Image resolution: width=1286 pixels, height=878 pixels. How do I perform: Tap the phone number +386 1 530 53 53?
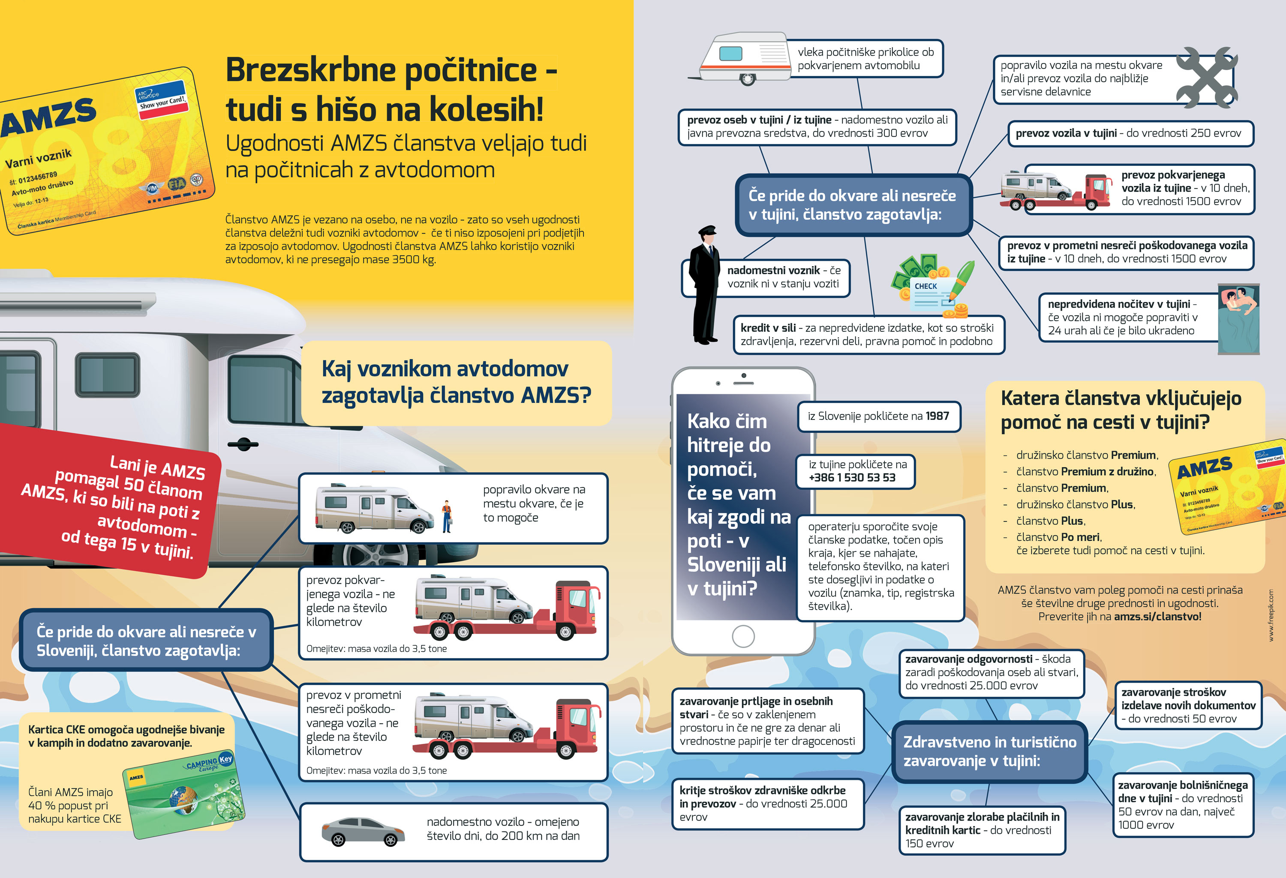[852, 477]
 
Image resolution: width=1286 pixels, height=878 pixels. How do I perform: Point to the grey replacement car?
[363, 832]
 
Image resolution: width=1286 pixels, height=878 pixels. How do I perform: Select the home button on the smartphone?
[742, 636]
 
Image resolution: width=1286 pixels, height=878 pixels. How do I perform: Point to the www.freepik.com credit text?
[1271, 614]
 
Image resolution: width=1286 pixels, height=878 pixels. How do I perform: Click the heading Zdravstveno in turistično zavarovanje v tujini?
[989, 751]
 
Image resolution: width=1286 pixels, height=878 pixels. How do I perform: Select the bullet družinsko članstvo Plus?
[1075, 504]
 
